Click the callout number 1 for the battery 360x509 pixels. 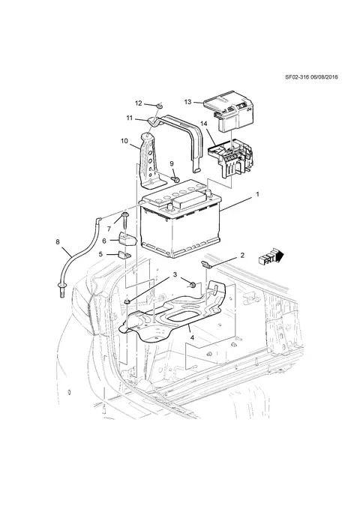(x=257, y=194)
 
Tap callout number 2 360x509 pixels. (x=242, y=256)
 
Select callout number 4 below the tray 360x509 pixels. (x=192, y=337)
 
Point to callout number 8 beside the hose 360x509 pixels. (x=58, y=242)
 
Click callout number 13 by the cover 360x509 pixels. (x=187, y=102)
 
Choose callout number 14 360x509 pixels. (x=204, y=124)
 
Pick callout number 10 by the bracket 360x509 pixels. (x=124, y=141)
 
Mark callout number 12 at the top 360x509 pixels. (x=139, y=103)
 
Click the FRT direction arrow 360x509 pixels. (x=271, y=258)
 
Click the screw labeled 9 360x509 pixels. (x=176, y=179)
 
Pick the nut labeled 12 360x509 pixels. (x=159, y=106)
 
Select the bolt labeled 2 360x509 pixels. (x=206, y=265)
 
